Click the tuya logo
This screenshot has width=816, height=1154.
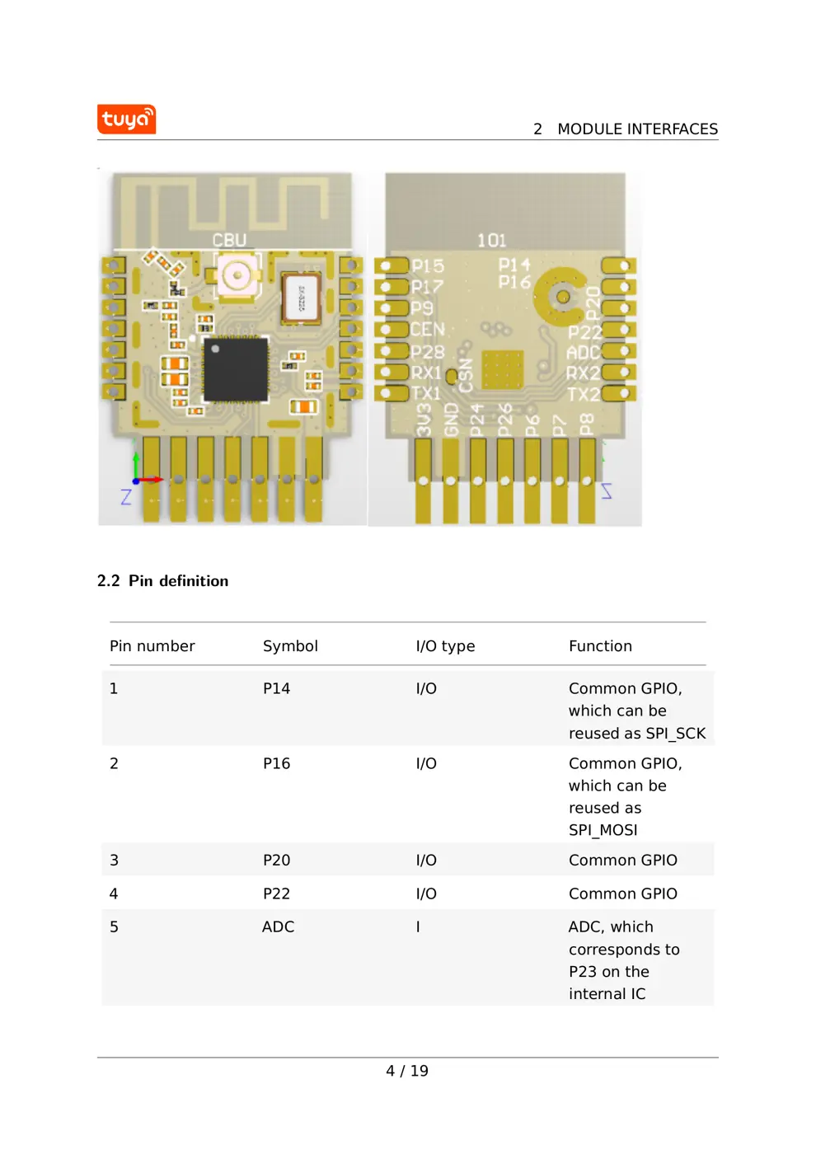pyautogui.click(x=126, y=120)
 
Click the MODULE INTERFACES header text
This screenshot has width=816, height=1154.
pyautogui.click(x=636, y=129)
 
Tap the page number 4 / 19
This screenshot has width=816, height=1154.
pyautogui.click(x=407, y=1071)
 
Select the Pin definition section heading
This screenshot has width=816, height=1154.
pyautogui.click(x=162, y=581)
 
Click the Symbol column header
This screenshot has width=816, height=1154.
pyautogui.click(x=290, y=646)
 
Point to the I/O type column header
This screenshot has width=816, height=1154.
pyautogui.click(x=445, y=646)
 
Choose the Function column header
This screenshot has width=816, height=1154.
pyautogui.click(x=600, y=646)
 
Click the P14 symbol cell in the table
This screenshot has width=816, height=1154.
pyautogui.click(x=276, y=688)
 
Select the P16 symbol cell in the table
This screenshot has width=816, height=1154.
pyautogui.click(x=276, y=763)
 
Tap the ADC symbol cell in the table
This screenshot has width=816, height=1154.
pyautogui.click(x=278, y=926)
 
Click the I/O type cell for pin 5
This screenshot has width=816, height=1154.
pyautogui.click(x=418, y=926)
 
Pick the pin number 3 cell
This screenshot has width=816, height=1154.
pyautogui.click(x=114, y=860)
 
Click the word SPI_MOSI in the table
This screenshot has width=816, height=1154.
pyautogui.click(x=603, y=830)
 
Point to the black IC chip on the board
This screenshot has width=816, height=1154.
pyautogui.click(x=236, y=369)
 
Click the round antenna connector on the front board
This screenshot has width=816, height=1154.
pyautogui.click(x=237, y=274)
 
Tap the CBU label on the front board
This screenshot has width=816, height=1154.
pyautogui.click(x=229, y=240)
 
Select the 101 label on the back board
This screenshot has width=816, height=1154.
pyautogui.click(x=491, y=241)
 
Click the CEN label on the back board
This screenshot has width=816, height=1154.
pyautogui.click(x=428, y=330)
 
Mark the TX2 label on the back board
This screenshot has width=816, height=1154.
pyautogui.click(x=583, y=394)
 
